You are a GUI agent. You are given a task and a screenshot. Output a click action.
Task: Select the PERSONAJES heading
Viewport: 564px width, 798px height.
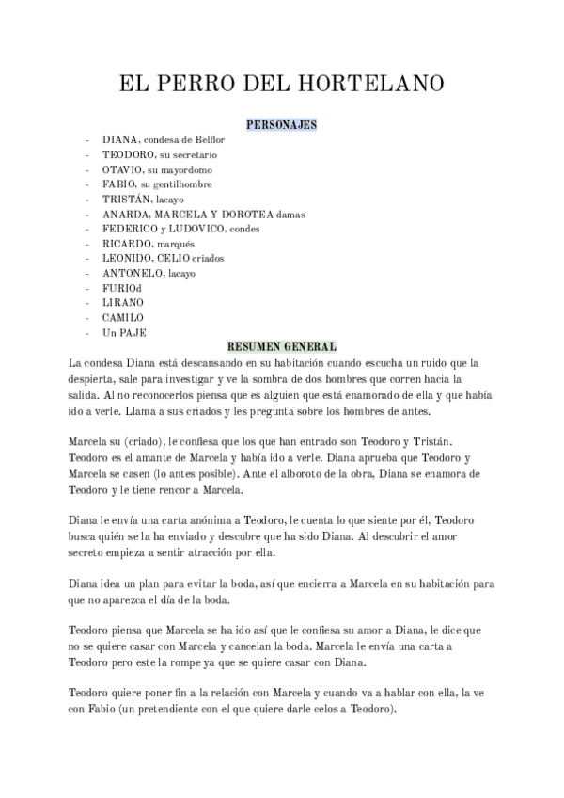point(281,124)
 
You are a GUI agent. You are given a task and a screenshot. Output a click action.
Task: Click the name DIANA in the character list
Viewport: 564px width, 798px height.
point(119,139)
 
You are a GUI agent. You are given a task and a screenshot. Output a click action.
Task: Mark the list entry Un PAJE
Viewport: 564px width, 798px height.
point(124,333)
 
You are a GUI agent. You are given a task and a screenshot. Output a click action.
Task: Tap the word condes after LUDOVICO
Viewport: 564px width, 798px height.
point(243,229)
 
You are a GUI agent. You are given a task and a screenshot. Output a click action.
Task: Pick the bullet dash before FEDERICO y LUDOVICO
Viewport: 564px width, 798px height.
point(87,229)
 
